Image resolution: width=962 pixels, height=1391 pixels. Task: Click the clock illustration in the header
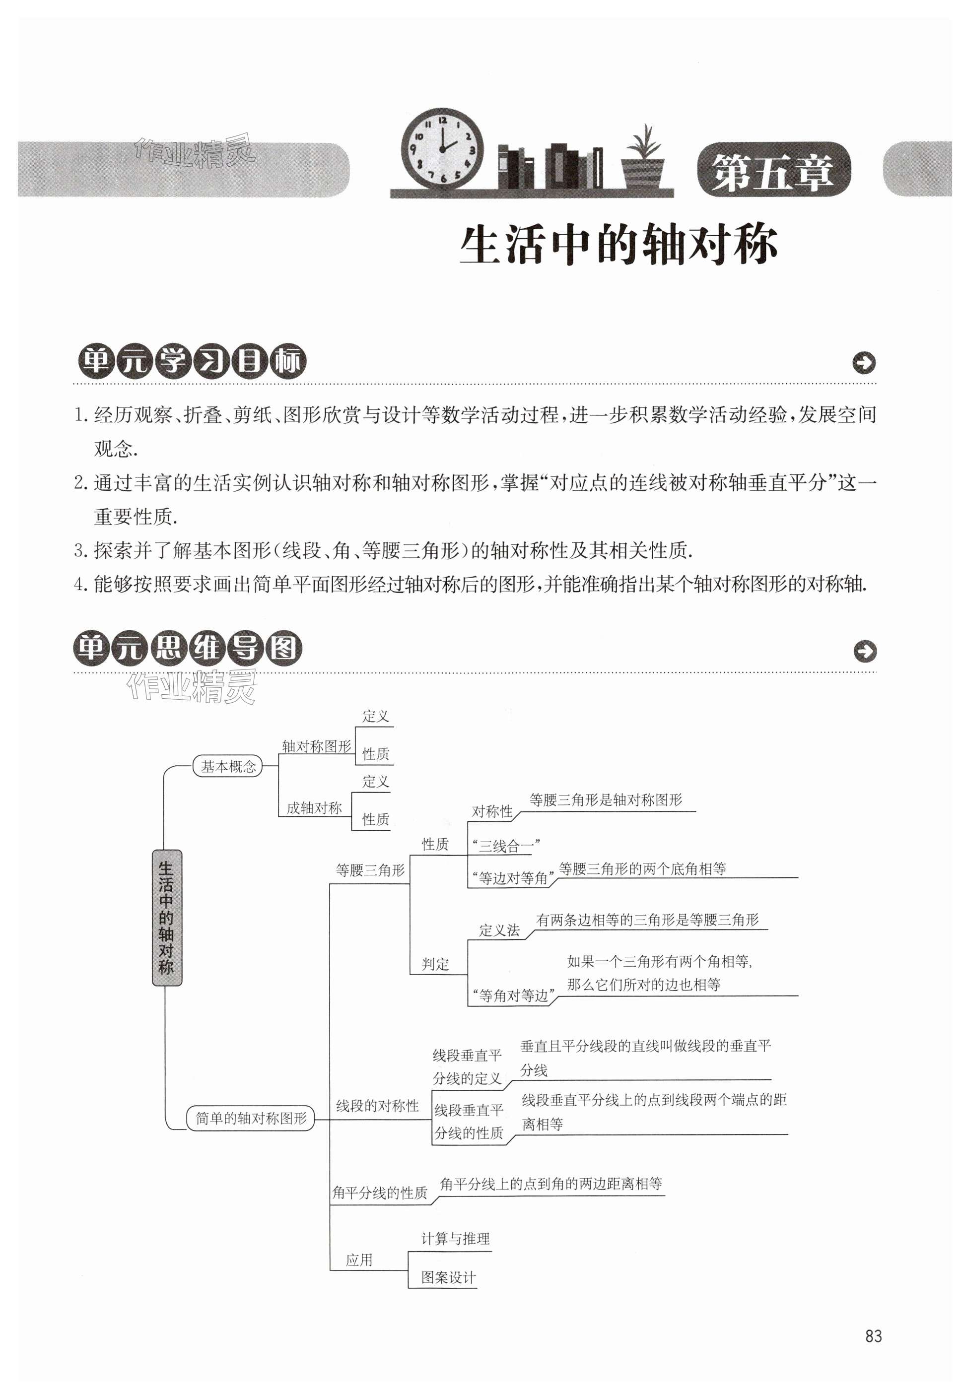tap(442, 149)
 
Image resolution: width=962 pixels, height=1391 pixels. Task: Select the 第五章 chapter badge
tap(773, 171)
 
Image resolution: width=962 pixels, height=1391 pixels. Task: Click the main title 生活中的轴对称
tap(618, 245)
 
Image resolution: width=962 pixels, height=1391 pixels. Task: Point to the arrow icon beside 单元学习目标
tap(864, 363)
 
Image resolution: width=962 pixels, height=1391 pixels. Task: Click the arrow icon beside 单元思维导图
tap(865, 651)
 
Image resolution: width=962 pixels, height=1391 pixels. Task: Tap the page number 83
tap(873, 1336)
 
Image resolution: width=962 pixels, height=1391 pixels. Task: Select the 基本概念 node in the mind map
tap(228, 766)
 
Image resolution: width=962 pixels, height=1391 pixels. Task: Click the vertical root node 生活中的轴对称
tap(166, 918)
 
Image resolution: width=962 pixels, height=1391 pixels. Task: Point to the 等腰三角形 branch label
tap(370, 870)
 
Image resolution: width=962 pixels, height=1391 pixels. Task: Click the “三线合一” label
tap(506, 846)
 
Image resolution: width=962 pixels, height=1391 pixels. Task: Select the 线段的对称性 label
tap(377, 1106)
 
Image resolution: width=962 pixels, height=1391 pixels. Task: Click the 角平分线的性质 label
tap(380, 1192)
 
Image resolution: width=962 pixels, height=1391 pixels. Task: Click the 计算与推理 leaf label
tap(455, 1239)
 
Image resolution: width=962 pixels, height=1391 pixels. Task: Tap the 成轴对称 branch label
tap(314, 808)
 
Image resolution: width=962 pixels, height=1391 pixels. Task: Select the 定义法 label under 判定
tap(499, 930)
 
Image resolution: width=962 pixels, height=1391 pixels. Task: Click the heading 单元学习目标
tap(191, 362)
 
